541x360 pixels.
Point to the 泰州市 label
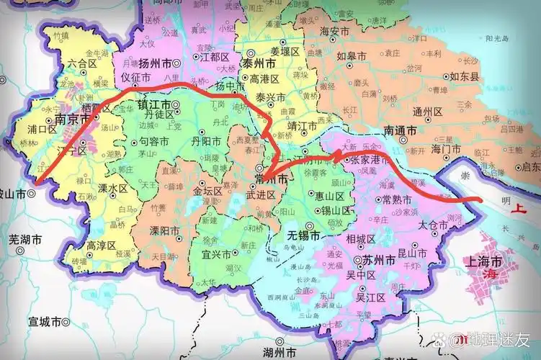coord(258,63)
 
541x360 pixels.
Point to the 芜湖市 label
coord(25,238)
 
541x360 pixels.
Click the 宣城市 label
coord(39,322)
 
